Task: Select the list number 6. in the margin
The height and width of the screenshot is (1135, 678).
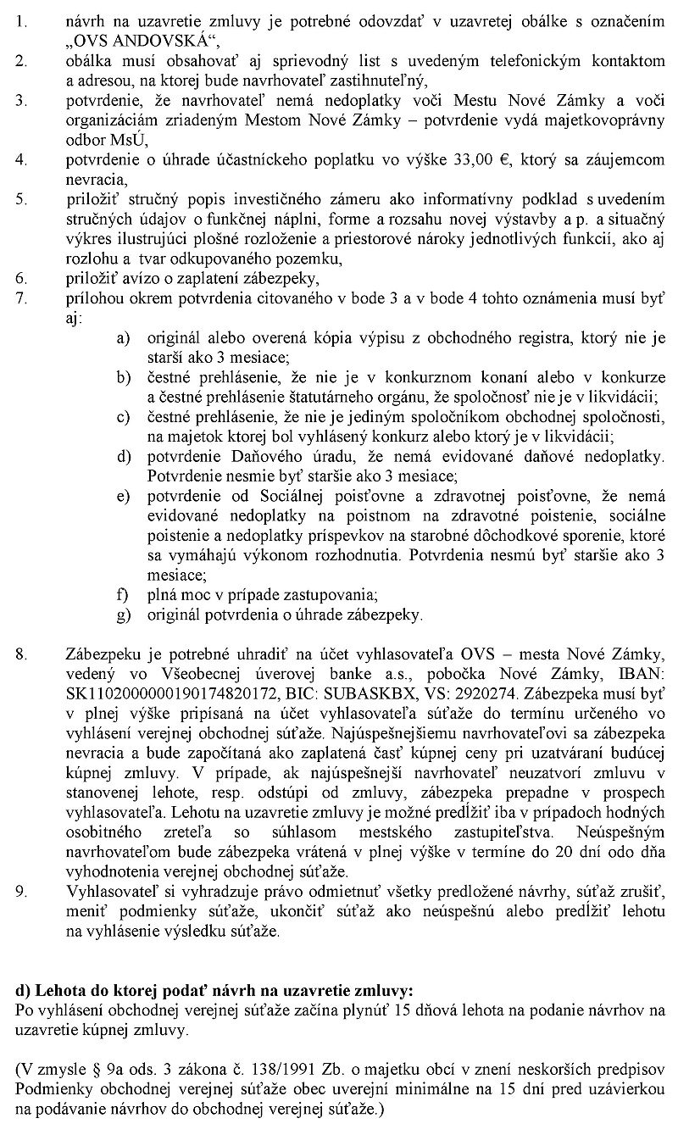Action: point(21,276)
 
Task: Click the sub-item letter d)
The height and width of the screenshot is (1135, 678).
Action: point(123,456)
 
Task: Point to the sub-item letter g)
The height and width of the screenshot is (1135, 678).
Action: point(123,614)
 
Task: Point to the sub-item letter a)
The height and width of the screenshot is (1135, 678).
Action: point(123,338)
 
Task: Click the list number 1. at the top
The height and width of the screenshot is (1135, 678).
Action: point(21,15)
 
